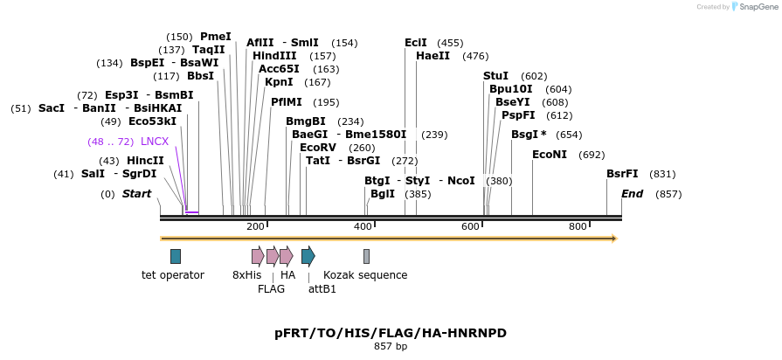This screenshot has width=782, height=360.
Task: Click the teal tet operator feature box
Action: click(x=176, y=256)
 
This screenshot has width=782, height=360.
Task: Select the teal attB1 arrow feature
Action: click(x=308, y=256)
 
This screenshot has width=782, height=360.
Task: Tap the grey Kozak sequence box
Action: click(x=366, y=256)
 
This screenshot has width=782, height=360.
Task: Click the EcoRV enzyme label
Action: click(x=317, y=148)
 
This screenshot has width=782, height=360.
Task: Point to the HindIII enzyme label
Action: click(x=274, y=56)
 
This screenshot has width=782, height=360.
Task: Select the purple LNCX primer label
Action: click(x=155, y=142)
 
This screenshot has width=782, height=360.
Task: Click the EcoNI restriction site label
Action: click(x=550, y=155)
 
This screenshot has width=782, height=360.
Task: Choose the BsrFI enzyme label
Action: click(x=622, y=174)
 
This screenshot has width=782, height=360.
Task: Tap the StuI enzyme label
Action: click(x=495, y=76)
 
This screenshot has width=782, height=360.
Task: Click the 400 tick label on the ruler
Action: click(x=363, y=227)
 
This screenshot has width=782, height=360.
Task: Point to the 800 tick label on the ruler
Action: click(x=578, y=227)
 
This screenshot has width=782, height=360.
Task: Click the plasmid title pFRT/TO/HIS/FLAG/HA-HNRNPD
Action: click(x=391, y=333)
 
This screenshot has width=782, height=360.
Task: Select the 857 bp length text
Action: click(x=391, y=347)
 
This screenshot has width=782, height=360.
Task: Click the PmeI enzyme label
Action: click(x=216, y=37)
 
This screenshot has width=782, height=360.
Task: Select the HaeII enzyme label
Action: click(x=433, y=56)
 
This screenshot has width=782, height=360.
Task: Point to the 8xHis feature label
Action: click(x=246, y=275)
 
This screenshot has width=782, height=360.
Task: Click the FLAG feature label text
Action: click(x=272, y=289)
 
